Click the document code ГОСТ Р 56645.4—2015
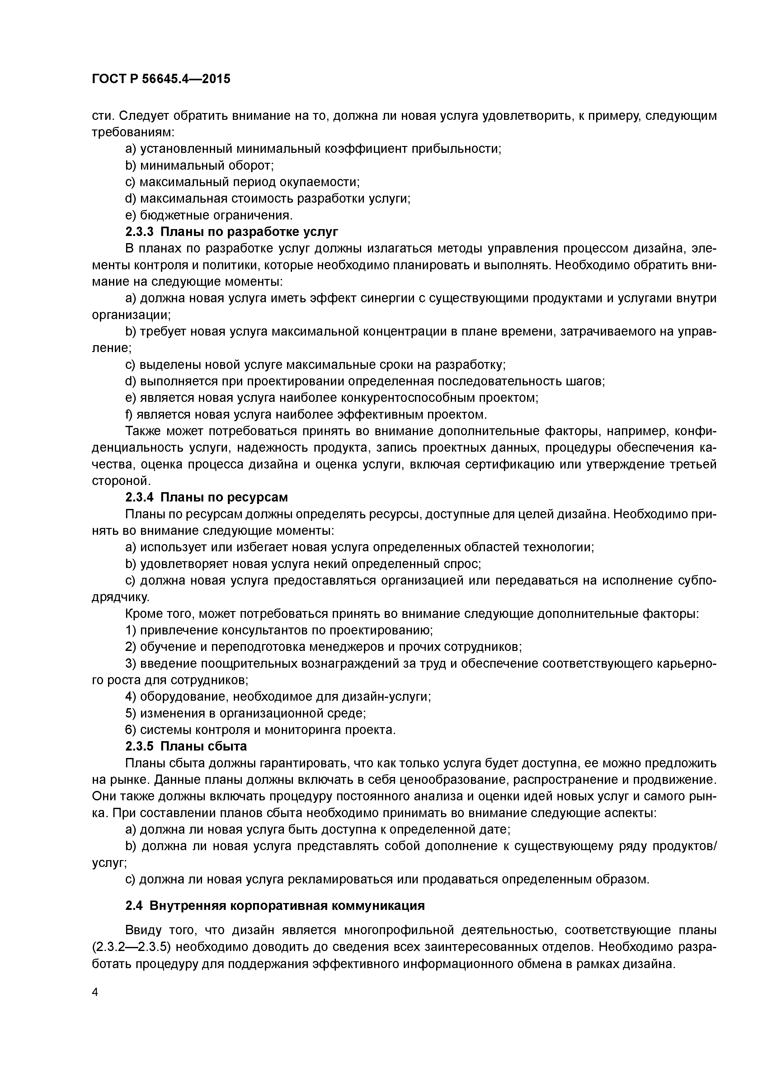coord(161,79)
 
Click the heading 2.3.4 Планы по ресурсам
coord(206,497)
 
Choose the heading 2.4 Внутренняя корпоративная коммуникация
coord(275,906)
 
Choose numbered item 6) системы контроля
coord(261,730)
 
